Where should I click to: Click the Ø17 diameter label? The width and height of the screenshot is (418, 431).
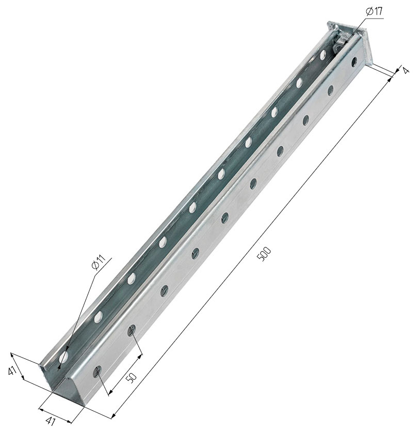pos(374,12)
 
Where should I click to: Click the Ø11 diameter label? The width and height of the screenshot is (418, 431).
pos(99,262)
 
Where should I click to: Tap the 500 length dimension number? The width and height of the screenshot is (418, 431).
pos(264,254)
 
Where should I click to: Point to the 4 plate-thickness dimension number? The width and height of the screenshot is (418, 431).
pos(406,70)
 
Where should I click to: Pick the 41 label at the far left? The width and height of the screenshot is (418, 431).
pos(12,372)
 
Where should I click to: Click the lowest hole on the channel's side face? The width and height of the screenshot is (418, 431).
pos(97,372)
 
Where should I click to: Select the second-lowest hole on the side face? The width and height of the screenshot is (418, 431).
pos(132,330)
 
